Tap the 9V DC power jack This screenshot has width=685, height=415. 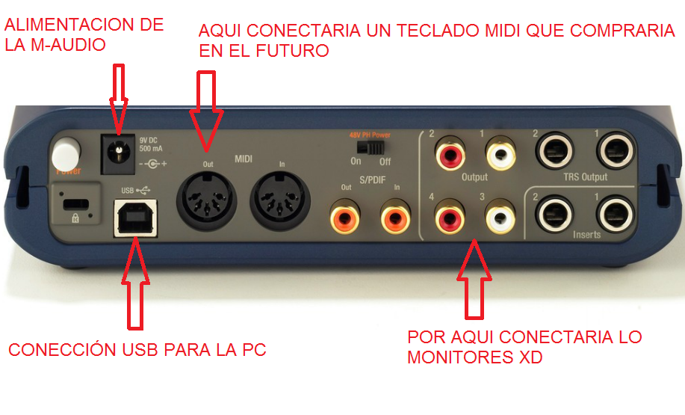pyautogui.click(x=117, y=153)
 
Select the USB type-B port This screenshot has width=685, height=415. pyautogui.click(x=134, y=218)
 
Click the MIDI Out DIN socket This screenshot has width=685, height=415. pyautogui.click(x=206, y=200)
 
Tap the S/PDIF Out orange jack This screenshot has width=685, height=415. pyautogui.click(x=345, y=218)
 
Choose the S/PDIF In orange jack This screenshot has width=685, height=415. pyautogui.click(x=395, y=218)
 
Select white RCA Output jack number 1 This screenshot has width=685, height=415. pyautogui.click(x=500, y=156)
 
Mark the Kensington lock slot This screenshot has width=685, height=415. pyautogui.click(x=73, y=204)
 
